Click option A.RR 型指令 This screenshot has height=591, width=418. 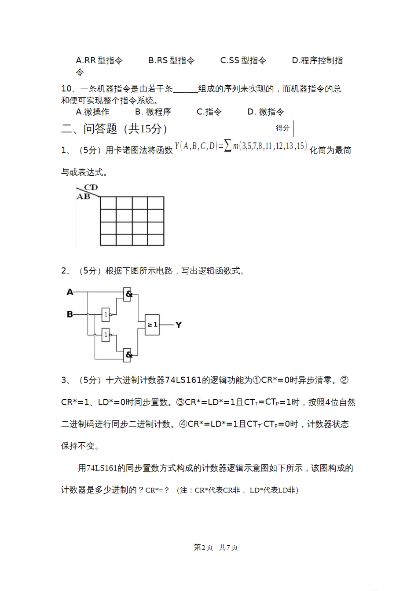99,61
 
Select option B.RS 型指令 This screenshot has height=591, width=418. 171,61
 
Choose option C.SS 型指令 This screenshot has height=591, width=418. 243,61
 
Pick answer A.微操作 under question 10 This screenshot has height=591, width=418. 92,112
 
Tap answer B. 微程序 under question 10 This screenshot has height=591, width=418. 153,112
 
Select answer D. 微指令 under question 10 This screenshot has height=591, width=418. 265,112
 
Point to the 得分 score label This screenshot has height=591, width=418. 282,128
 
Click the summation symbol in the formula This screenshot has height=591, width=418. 227,146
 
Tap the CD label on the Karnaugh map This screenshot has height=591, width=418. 91,188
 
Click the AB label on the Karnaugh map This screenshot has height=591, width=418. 83,197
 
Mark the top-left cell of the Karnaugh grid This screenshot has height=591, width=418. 108,203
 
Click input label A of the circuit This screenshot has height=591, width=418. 70,292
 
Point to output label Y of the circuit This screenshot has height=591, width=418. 178,325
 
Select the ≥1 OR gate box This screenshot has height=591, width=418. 152,325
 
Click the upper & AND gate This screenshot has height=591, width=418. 128,294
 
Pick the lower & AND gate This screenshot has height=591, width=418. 128,354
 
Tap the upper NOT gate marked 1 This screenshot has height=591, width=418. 106,314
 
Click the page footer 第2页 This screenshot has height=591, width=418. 203,547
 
